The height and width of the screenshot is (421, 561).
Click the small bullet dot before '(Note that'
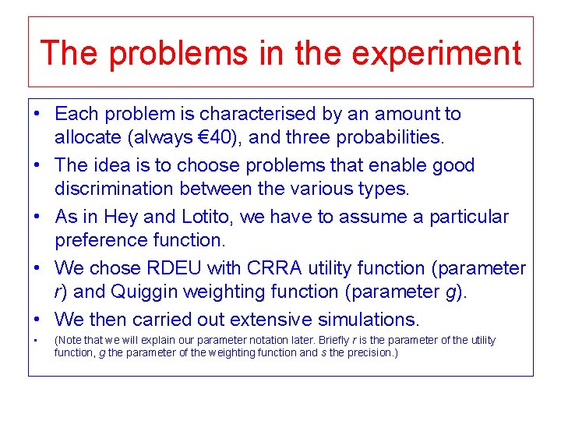pos(37,341)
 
